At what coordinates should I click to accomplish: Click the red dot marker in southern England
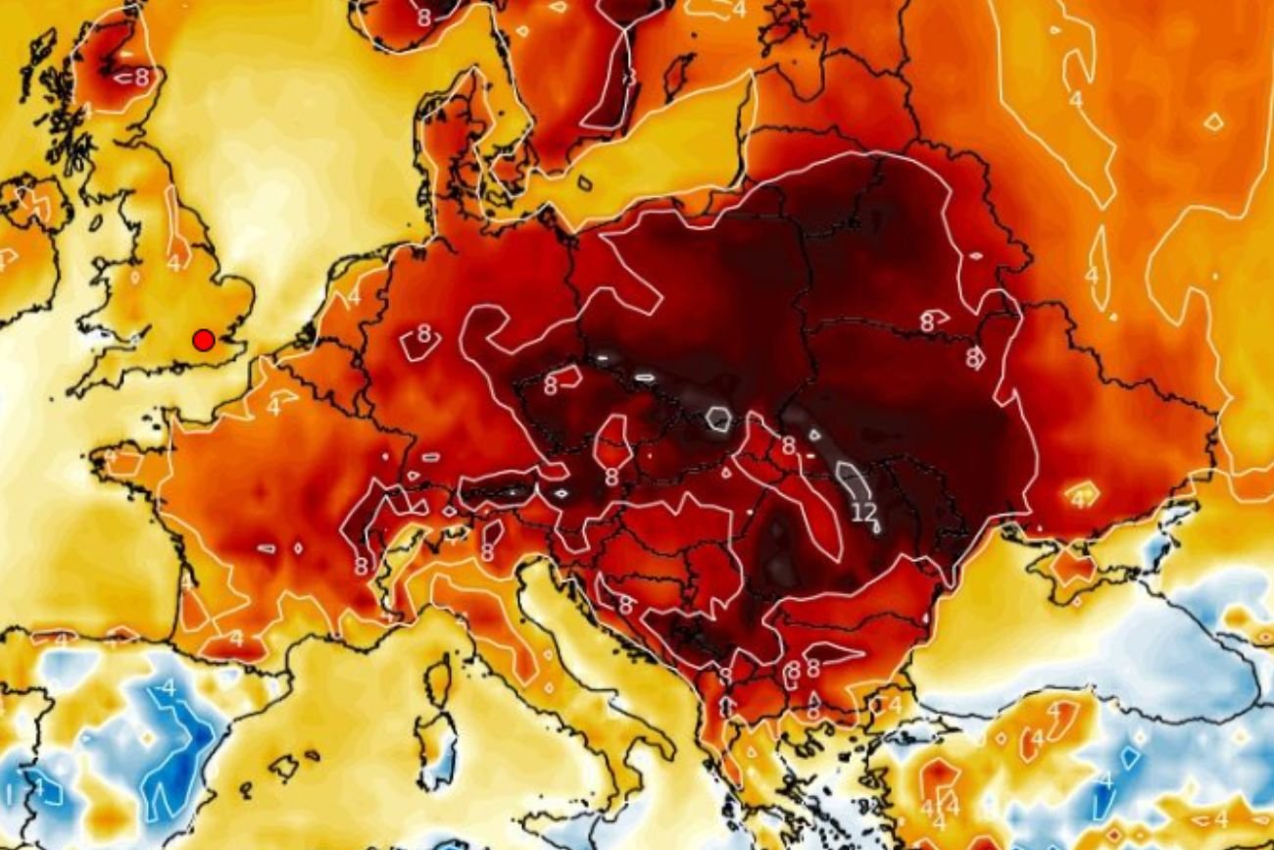[x=203, y=340]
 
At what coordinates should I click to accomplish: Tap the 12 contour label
[x=863, y=511]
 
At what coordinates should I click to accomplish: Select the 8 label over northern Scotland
[x=142, y=75]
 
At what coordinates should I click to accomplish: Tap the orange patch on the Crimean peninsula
[x=1072, y=567]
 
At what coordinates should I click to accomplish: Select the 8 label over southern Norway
[x=423, y=17]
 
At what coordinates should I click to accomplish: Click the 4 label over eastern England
[x=173, y=263]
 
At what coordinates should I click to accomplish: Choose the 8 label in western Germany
[x=423, y=332]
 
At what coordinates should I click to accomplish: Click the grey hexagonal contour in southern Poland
[x=718, y=420]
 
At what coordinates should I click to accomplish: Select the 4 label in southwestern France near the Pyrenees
[x=236, y=638]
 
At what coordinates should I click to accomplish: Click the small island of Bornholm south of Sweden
[x=585, y=183]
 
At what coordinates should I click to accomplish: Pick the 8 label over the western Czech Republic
[x=550, y=385]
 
